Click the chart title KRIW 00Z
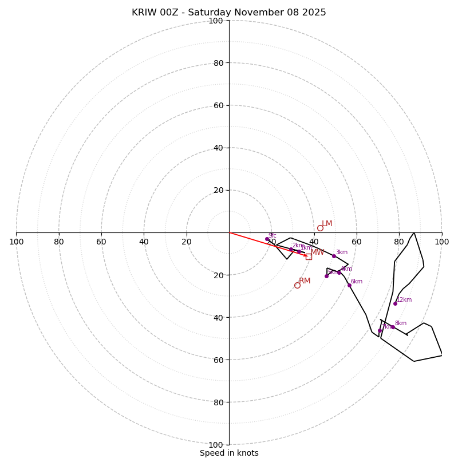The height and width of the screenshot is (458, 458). pos(229,13)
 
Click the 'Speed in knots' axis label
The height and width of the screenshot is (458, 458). pos(229,453)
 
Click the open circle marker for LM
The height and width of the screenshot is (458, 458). pos(320,228)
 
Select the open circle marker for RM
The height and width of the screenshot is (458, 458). pos(297,285)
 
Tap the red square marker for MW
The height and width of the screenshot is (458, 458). pos(309,256)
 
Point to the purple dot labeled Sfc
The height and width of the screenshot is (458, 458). pos(267,239)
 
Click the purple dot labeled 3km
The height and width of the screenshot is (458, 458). pos(334,256)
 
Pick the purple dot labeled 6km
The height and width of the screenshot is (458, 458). pos(349,285)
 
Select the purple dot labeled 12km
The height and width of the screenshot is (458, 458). pos(395,303)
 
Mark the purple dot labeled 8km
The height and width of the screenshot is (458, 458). pos(393,327)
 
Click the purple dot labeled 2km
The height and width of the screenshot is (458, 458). pos(291,250)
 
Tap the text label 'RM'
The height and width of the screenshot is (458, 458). pos(305,281)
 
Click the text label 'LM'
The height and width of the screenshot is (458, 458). pos(327,224)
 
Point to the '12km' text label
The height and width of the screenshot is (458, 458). pos(404,300)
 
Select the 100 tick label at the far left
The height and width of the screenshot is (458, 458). pos(16,242)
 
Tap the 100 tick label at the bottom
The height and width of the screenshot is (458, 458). pos(215,444)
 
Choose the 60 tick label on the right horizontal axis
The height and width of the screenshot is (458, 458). pos(357,242)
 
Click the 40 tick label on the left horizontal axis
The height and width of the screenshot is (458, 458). pos(144,242)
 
